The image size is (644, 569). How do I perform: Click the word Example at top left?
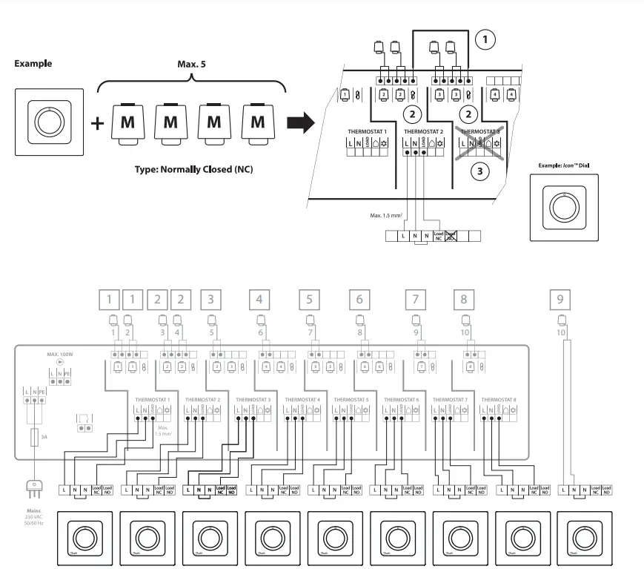pos(33,64)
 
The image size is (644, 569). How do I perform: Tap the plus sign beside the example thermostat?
pos(97,122)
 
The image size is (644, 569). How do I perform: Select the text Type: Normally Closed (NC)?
pos(193,169)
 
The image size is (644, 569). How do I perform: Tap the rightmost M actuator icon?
pos(257,121)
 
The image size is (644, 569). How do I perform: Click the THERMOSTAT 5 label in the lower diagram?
pos(348,399)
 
